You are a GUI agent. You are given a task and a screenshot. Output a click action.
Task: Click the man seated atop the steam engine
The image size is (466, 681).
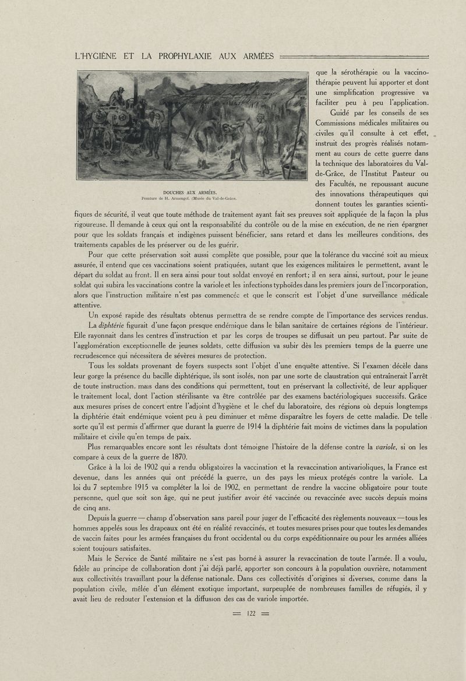[119, 94]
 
